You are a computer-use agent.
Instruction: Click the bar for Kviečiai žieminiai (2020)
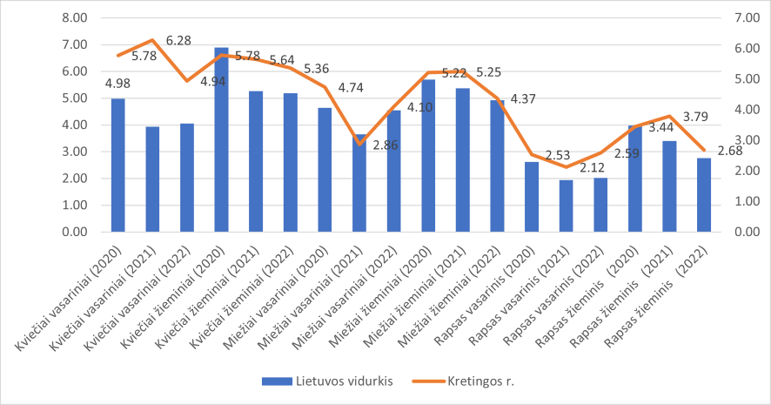click(x=221, y=139)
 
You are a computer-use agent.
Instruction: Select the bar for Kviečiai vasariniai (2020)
click(x=117, y=165)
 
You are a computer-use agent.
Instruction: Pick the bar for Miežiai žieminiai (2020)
click(x=428, y=156)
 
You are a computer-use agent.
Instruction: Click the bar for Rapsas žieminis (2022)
click(x=704, y=195)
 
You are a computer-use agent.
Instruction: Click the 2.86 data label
click(x=385, y=145)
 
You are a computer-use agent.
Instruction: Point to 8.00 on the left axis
click(x=76, y=17)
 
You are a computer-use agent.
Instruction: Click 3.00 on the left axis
click(x=76, y=152)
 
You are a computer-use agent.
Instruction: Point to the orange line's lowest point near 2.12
click(x=566, y=166)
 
